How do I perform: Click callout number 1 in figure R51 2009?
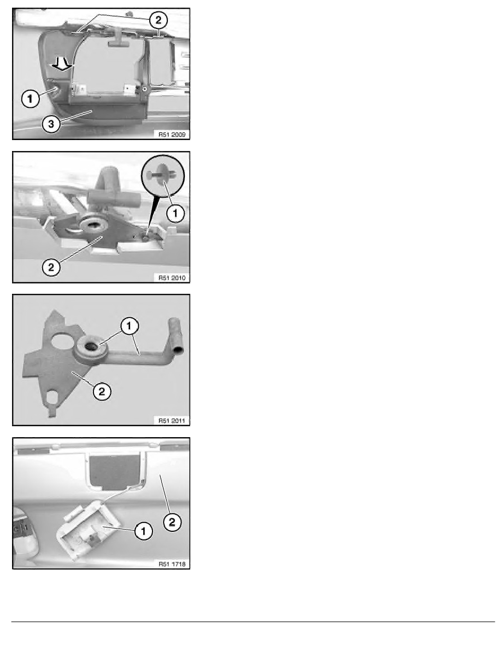(30, 98)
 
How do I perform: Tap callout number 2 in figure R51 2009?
(158, 20)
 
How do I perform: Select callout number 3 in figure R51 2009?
(51, 124)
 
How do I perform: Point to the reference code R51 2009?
(172, 134)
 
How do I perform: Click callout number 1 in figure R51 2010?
(175, 213)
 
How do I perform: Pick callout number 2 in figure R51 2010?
(51, 267)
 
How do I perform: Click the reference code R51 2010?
(172, 278)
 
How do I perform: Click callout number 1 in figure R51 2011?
(129, 326)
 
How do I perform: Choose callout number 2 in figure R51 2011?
(102, 391)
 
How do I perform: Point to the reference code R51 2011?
(172, 421)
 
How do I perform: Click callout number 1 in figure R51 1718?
(143, 531)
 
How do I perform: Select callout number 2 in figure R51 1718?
(172, 522)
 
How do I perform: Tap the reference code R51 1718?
(172, 564)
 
